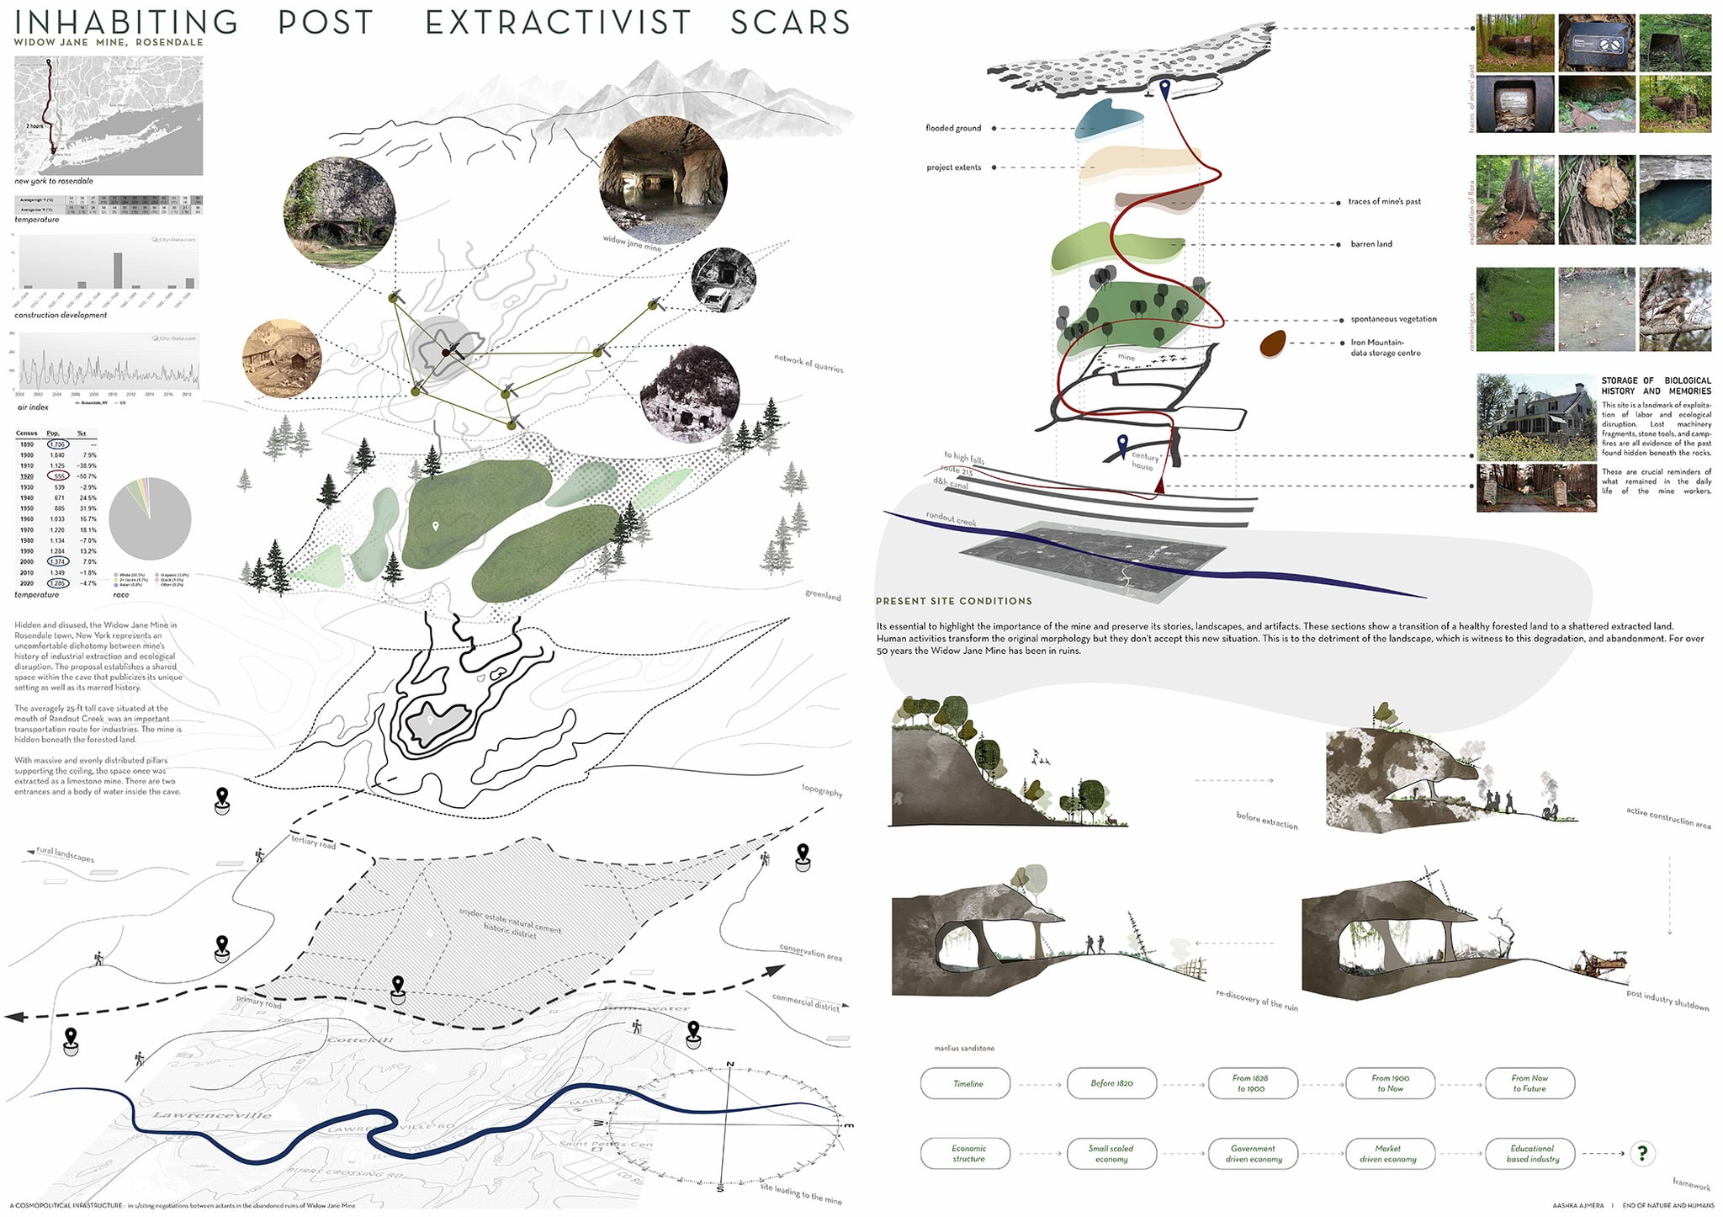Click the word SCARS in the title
pyautogui.click(x=790, y=23)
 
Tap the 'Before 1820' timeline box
pyautogui.click(x=1111, y=1083)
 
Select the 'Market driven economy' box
pyautogui.click(x=1387, y=1154)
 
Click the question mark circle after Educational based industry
pyautogui.click(x=1642, y=1154)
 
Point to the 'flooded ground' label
pyautogui.click(x=953, y=128)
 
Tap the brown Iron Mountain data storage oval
pyautogui.click(x=1273, y=343)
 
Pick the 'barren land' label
pyautogui.click(x=1371, y=244)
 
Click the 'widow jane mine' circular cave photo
pyautogui.click(x=663, y=180)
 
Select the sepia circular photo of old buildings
pyautogui.click(x=283, y=359)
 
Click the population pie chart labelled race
pyautogui.click(x=150, y=518)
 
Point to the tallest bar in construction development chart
pyautogui.click(x=118, y=270)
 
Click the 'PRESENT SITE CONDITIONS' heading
pyautogui.click(x=953, y=601)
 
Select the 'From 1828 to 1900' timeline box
pyautogui.click(x=1251, y=1083)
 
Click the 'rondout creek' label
pyautogui.click(x=951, y=518)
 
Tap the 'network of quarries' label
pyautogui.click(x=808, y=363)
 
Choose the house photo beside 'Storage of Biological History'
pyautogui.click(x=1536, y=417)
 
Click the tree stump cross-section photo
pyautogui.click(x=1596, y=199)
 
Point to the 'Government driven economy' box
pyautogui.click(x=1253, y=1154)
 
